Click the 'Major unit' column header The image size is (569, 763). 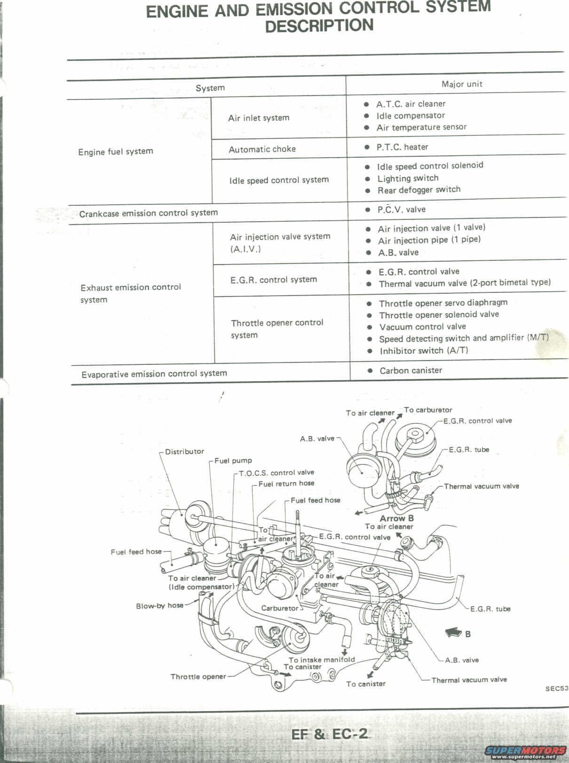tap(461, 84)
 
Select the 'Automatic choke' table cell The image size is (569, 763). tap(262, 149)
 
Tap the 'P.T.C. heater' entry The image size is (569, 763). tap(402, 147)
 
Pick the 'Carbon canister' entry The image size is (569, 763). tap(411, 370)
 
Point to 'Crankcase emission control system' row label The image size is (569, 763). tap(148, 213)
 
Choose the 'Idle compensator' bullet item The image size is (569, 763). tap(410, 115)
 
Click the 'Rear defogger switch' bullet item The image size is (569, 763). tap(419, 190)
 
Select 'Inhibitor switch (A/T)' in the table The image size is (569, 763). tap(424, 351)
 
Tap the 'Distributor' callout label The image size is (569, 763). tap(184, 451)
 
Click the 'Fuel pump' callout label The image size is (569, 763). tap(233, 460)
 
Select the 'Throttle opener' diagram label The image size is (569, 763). tap(198, 676)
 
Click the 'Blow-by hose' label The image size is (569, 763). tap(159, 606)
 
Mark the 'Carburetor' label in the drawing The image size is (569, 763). tap(279, 608)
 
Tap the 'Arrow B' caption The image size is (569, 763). tap(396, 518)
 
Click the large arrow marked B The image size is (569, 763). tap(453, 634)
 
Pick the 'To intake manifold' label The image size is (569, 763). tap(322, 659)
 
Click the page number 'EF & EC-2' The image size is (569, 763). tap(329, 734)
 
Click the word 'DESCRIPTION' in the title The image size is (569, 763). tap(319, 25)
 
